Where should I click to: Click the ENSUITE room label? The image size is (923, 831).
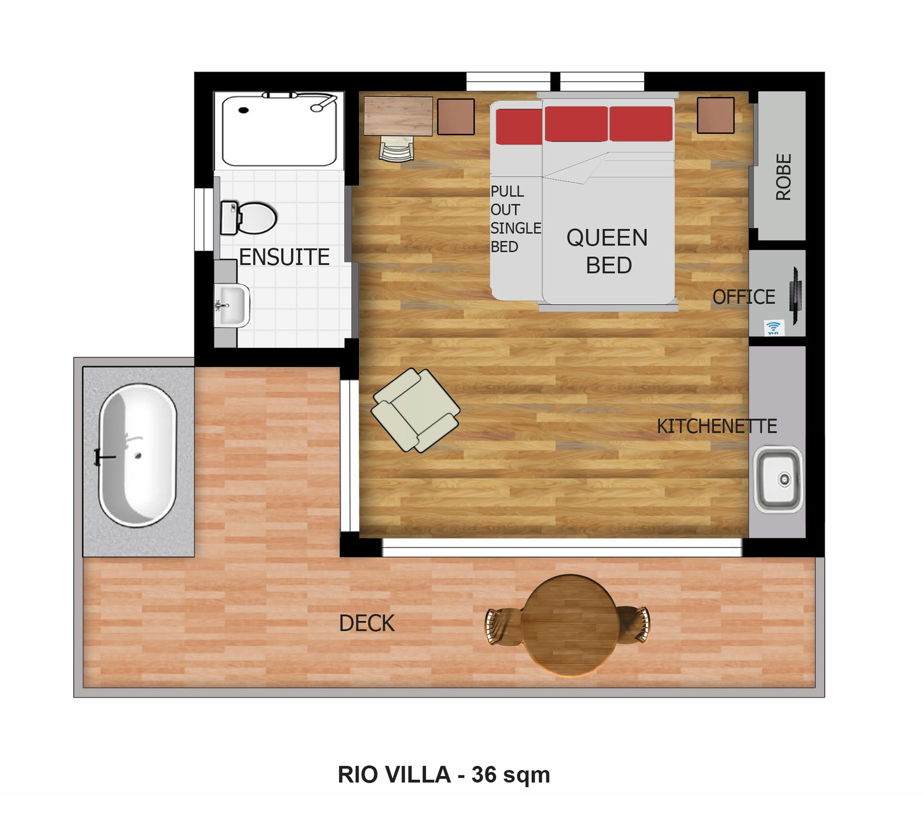[x=284, y=257]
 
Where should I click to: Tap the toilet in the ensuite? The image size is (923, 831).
[x=249, y=218]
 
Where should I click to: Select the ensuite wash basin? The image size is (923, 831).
[x=232, y=305]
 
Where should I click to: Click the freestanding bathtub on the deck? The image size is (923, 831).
[x=137, y=455]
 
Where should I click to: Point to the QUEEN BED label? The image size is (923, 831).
[x=608, y=252]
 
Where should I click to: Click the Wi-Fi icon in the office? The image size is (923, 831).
[x=773, y=327]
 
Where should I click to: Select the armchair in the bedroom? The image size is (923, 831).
[x=415, y=410]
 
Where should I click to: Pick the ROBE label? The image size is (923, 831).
[x=784, y=176]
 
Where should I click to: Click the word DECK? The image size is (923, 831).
[x=367, y=623]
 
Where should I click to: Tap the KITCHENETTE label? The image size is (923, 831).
[x=717, y=426]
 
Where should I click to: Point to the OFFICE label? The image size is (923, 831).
[x=744, y=297]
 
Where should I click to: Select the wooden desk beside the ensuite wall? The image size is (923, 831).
[x=398, y=116]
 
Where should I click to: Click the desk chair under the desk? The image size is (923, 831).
[x=397, y=148]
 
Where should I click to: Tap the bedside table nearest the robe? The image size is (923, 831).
[x=716, y=115]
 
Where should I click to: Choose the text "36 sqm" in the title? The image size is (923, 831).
[x=511, y=775]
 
